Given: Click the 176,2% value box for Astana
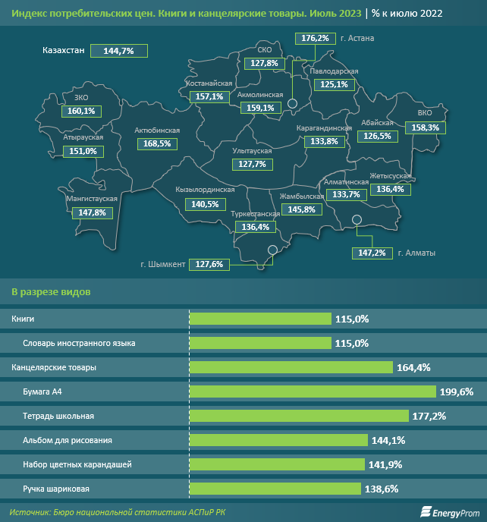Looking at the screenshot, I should [315, 38].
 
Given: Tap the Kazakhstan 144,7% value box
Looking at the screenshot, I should [118, 51].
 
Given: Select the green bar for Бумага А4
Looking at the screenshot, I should [313, 391].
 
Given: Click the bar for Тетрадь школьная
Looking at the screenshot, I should [303, 416].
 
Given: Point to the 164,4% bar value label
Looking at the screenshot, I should [413, 367].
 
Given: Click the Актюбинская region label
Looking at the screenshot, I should [157, 130].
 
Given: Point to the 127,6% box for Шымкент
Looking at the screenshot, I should [209, 264].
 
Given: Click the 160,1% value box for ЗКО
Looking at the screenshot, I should [81, 111].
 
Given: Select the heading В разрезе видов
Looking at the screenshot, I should [52, 291].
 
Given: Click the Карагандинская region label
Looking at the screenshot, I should [324, 129].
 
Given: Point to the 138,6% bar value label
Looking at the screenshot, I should [382, 489].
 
